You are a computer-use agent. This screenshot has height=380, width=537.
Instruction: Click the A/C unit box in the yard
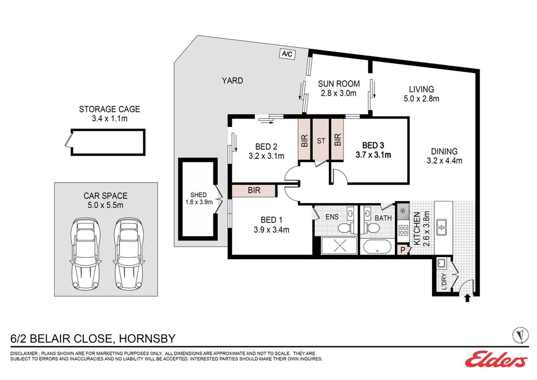(x=287, y=54)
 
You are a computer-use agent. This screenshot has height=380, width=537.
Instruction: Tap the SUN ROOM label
(x=339, y=84)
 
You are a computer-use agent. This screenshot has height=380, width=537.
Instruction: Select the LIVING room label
(x=421, y=89)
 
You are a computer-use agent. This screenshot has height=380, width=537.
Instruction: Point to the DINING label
(x=444, y=152)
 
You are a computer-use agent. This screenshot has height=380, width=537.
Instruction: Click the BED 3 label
(x=373, y=145)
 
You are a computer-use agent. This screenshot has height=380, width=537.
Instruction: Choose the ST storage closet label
(x=321, y=141)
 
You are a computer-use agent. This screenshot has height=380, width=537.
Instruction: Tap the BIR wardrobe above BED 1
(x=254, y=191)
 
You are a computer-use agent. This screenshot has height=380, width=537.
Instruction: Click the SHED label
(x=199, y=195)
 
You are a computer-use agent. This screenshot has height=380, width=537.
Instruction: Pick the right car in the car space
(x=129, y=254)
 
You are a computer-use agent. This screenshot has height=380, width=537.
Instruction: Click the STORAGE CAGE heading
(x=110, y=109)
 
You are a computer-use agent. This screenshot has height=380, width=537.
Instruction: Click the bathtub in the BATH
(x=377, y=246)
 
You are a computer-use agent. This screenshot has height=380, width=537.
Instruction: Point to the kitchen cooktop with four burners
(x=403, y=230)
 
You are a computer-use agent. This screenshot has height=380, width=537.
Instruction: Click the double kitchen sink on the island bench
(x=441, y=227)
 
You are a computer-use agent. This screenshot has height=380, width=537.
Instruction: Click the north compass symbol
(x=520, y=335)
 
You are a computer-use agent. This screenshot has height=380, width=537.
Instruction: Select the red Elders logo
(x=496, y=360)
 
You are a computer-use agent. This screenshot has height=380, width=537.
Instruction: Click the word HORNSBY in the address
(x=147, y=339)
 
